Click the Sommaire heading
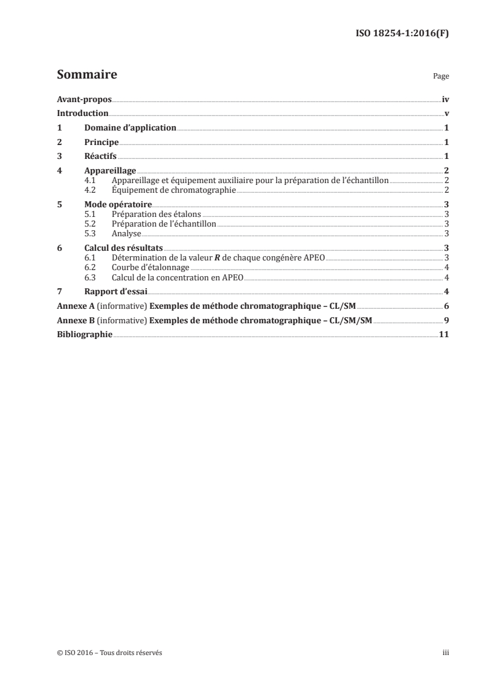coord(86,76)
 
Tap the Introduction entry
coord(83,114)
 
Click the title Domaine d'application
coord(130,128)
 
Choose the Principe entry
coord(101,143)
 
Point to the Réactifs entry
coord(101,157)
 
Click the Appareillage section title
coord(110,171)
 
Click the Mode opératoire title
coord(118,204)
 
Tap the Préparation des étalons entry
coord(156,214)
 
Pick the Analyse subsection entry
coord(126,233)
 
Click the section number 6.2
coord(90,266)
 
